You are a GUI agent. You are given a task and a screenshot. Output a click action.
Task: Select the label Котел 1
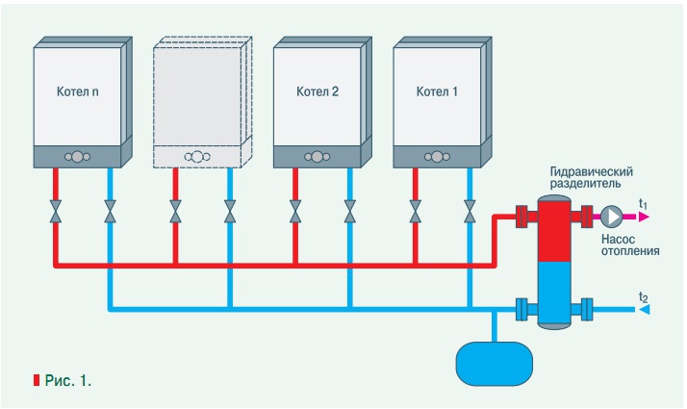click(x=437, y=93)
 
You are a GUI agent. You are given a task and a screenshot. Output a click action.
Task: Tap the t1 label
click(x=644, y=203)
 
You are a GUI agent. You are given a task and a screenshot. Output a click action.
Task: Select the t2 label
click(x=644, y=296)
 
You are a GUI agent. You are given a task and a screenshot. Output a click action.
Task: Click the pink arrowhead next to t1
click(x=644, y=216)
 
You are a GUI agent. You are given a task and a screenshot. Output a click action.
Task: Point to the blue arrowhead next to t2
click(x=644, y=309)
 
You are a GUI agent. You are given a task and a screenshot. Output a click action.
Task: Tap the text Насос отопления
click(x=628, y=243)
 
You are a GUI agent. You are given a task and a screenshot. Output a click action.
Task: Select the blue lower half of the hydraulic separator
click(x=553, y=294)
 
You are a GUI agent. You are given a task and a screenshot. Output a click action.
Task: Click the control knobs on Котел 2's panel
click(x=317, y=156)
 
